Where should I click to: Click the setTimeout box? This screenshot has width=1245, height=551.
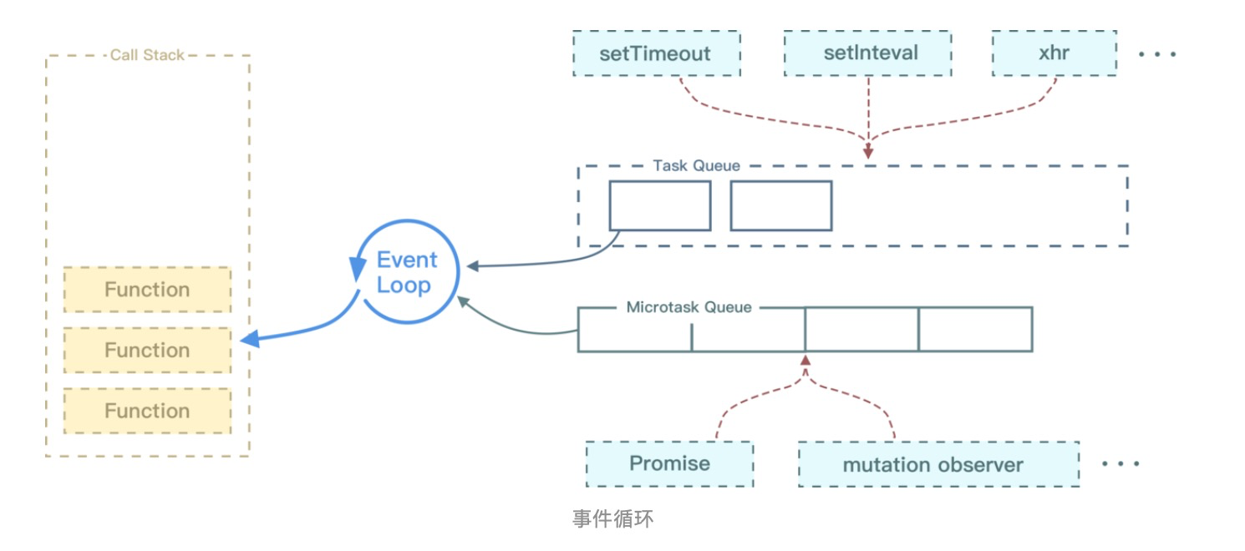tap(655, 53)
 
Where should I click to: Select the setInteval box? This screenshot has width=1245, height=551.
tap(870, 53)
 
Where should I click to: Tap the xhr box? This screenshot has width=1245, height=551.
tap(1054, 53)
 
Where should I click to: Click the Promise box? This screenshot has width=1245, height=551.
tap(669, 464)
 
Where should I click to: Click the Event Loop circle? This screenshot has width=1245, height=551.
tap(404, 272)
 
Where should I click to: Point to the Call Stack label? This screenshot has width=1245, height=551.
tap(147, 55)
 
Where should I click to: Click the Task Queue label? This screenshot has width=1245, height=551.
tap(696, 165)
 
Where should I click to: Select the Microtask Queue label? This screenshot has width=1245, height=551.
tap(689, 307)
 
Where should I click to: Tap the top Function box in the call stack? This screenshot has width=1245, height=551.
tap(147, 290)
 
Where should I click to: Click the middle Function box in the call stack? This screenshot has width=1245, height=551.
tap(147, 350)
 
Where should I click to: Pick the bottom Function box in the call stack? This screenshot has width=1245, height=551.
tap(147, 411)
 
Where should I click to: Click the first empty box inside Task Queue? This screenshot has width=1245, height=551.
tap(660, 205)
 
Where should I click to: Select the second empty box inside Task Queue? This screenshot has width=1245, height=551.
tap(781, 205)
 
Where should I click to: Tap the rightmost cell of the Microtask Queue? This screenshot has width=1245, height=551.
tap(975, 329)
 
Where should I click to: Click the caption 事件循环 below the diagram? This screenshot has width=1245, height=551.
tap(612, 518)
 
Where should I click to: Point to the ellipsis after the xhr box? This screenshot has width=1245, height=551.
tap(1157, 54)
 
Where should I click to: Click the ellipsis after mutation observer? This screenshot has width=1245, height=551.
tap(1120, 464)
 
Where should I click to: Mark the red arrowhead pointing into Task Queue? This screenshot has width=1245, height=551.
tap(868, 154)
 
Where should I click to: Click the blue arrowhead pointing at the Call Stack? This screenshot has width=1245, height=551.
tap(249, 340)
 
